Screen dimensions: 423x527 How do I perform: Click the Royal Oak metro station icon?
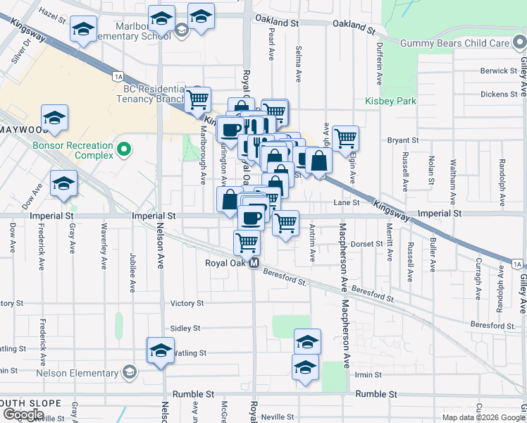(x=255, y=263)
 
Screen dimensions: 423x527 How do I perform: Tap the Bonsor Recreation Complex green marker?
(x=125, y=149)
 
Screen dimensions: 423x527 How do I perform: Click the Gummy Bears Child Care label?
(x=454, y=44)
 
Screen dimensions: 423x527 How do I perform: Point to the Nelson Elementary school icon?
(x=130, y=372)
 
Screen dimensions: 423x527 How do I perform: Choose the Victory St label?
(x=187, y=304)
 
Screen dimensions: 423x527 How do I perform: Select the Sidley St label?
(x=185, y=329)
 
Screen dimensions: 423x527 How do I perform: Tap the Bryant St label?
(x=403, y=140)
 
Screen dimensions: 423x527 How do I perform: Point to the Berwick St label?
(x=499, y=71)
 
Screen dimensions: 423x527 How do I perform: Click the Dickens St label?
(x=499, y=94)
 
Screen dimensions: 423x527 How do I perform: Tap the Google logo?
(x=23, y=415)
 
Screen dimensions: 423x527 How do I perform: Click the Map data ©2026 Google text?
(x=483, y=417)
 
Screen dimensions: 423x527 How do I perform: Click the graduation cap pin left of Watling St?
(x=160, y=350)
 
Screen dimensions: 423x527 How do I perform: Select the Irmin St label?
(x=368, y=375)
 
